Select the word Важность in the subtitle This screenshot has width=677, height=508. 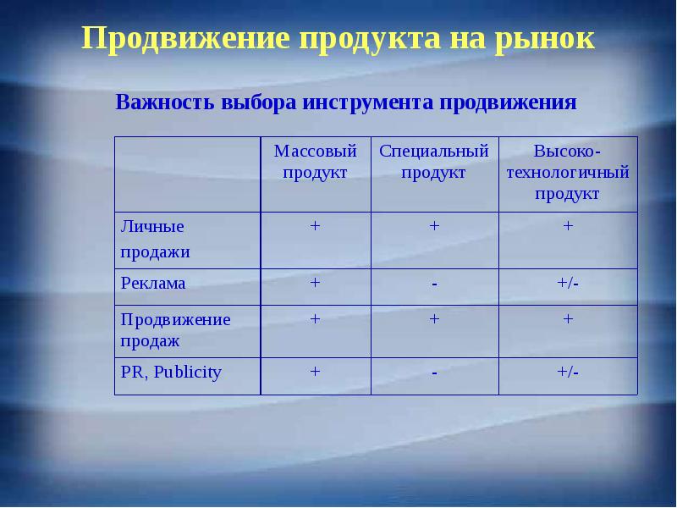tap(164, 103)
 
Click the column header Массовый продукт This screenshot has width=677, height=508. tap(315, 161)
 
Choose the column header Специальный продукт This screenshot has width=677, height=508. tap(434, 161)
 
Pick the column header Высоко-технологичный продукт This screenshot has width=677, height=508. tap(567, 172)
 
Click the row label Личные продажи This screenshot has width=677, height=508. tap(154, 239)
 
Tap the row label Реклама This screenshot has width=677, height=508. tap(153, 284)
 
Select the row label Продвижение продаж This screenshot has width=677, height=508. tap(175, 329)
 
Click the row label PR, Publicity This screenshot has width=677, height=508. tap(171, 372)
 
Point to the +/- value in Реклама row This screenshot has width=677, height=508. tap(568, 283)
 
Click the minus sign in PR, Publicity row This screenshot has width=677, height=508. tap(434, 373)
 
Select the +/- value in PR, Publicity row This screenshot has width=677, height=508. tap(568, 371)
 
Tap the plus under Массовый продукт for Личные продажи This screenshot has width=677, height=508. tap(315, 226)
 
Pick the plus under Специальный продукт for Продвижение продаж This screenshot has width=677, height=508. tap(434, 318)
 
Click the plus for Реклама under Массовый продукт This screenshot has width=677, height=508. tap(315, 283)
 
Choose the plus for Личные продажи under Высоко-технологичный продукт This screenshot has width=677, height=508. tap(568, 226)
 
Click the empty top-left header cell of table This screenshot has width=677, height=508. tap(187, 174)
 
